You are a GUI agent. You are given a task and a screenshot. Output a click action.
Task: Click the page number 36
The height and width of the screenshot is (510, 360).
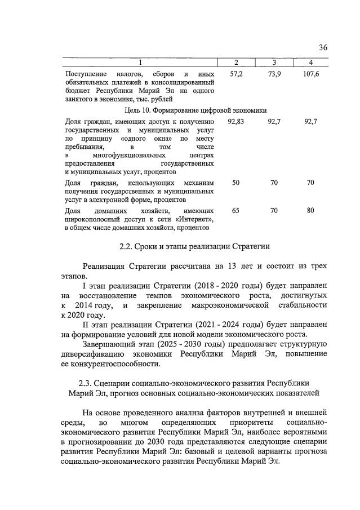click(322, 47)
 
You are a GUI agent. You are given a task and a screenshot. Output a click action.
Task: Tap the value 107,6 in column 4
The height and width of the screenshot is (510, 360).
click(310, 74)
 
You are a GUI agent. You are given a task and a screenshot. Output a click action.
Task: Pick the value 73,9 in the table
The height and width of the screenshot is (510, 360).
click(274, 74)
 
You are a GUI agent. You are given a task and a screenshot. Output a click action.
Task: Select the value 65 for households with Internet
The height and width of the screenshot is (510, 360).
click(235, 210)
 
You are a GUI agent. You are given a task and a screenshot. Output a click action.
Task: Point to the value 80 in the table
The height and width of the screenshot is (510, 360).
click(310, 210)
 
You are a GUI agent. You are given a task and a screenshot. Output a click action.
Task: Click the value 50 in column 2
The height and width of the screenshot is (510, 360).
click(235, 183)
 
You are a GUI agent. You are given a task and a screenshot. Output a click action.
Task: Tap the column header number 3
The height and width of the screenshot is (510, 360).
click(274, 62)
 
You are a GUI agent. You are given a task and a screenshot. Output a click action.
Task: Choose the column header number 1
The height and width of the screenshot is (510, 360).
click(140, 62)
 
